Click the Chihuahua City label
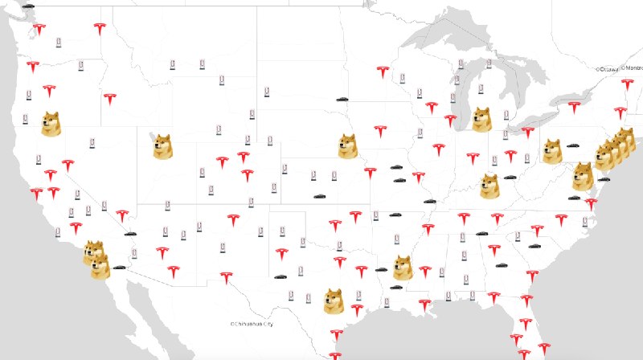254,324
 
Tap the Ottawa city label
608,69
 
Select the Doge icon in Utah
163,147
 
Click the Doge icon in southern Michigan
481,119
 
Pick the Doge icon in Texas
334,301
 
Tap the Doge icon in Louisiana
402,268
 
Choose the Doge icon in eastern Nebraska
347,146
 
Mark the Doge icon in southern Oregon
51,124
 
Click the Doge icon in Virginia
583,176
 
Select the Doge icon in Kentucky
489,186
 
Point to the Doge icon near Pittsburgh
551,151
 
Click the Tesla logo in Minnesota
383,73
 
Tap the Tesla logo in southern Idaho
109,100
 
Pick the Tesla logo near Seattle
39,31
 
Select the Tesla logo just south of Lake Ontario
574,106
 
